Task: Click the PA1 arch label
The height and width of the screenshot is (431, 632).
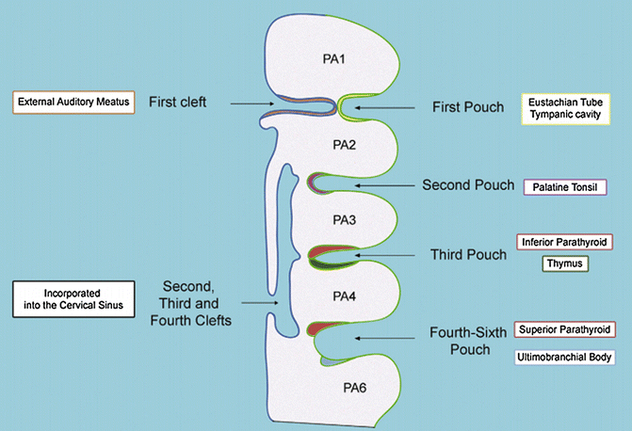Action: coord(333,59)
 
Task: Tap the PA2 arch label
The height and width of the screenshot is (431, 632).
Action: coord(344,145)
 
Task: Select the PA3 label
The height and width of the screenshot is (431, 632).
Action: coord(344,220)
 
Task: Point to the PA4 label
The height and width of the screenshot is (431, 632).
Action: coord(344,296)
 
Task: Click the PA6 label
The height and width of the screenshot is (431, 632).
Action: coord(355,388)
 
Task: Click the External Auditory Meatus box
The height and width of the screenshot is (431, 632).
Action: coord(73,103)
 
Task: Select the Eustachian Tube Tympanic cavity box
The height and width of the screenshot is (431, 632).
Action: coord(565,109)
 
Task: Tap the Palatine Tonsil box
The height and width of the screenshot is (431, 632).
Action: coord(565,187)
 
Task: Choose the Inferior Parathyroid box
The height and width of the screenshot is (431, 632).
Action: coord(564,242)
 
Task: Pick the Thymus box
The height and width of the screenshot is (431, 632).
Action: coord(565,263)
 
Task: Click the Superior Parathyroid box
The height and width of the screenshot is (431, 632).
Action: coord(565,329)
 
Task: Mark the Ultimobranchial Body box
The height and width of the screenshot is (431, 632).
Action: coord(565,357)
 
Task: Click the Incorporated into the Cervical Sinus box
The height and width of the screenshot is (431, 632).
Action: coord(73,299)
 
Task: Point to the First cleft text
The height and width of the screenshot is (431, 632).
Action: coord(178,102)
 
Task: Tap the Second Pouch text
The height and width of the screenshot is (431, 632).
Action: coord(468,184)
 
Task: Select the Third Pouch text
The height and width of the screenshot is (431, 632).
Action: coord(468,255)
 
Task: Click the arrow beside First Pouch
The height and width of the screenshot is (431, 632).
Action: coord(385,107)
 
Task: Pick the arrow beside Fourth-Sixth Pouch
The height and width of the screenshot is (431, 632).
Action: coord(385,339)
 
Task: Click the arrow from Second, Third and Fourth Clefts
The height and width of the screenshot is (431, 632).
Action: coord(260,303)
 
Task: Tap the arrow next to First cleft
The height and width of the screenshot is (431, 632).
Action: coord(252,104)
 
